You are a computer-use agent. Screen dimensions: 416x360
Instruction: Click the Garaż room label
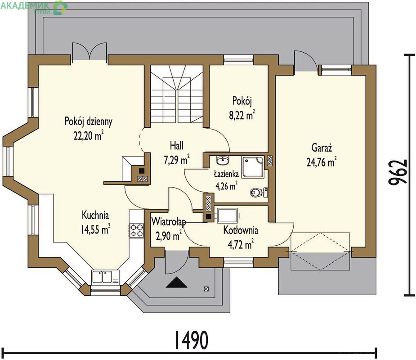tap(322, 148)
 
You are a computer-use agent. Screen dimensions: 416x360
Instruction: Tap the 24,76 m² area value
tap(322, 162)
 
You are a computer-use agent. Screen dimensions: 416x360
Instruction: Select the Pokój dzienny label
tap(89, 121)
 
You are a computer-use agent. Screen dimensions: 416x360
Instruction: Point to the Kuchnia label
tap(95, 215)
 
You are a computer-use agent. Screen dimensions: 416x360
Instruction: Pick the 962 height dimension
tap(398, 172)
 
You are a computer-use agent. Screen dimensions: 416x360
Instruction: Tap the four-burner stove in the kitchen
tap(136, 230)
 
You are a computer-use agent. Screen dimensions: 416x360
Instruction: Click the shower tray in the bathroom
tap(253, 167)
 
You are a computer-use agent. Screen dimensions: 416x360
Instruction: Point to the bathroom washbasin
tap(223, 160)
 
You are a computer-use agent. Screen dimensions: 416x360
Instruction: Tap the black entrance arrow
tap(176, 283)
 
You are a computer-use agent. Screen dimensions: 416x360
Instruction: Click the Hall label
tap(177, 146)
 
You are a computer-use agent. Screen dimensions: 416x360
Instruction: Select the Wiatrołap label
tap(169, 222)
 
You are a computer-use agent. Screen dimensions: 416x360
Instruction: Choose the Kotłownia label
tap(241, 230)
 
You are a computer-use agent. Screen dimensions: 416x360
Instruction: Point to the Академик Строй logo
tap(34, 8)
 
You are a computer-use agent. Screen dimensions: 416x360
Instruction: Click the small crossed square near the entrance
tap(206, 288)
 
